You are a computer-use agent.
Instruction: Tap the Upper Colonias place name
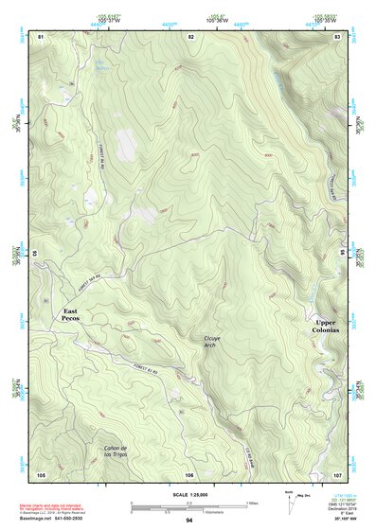coord(331,327)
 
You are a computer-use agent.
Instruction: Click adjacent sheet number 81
coord(41,36)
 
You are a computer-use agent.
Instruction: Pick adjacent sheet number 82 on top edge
coord(190,36)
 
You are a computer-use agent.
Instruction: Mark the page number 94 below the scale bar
coord(189,520)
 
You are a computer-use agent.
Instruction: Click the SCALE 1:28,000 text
coord(189,495)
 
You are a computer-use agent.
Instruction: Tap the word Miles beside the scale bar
coord(251,502)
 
